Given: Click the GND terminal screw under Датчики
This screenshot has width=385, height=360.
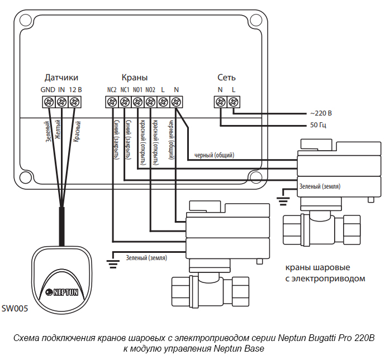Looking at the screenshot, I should pos(49,102).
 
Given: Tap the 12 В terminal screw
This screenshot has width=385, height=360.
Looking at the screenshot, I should pos(74,102).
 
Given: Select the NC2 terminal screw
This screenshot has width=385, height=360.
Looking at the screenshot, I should pos(112,102).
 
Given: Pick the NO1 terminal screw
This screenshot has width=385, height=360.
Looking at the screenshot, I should pos(137,102).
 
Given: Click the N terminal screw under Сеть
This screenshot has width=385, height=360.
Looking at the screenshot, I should pos(221,102).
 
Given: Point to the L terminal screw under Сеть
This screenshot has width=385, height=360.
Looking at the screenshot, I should pos(234,102).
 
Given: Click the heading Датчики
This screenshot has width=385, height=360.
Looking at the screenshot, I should pos(61,78).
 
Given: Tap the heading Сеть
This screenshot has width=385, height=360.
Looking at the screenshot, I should pos(227,78).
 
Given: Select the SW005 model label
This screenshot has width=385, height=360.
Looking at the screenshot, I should pos(15,308).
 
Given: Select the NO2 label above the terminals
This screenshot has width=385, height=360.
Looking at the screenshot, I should pos(150,90).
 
